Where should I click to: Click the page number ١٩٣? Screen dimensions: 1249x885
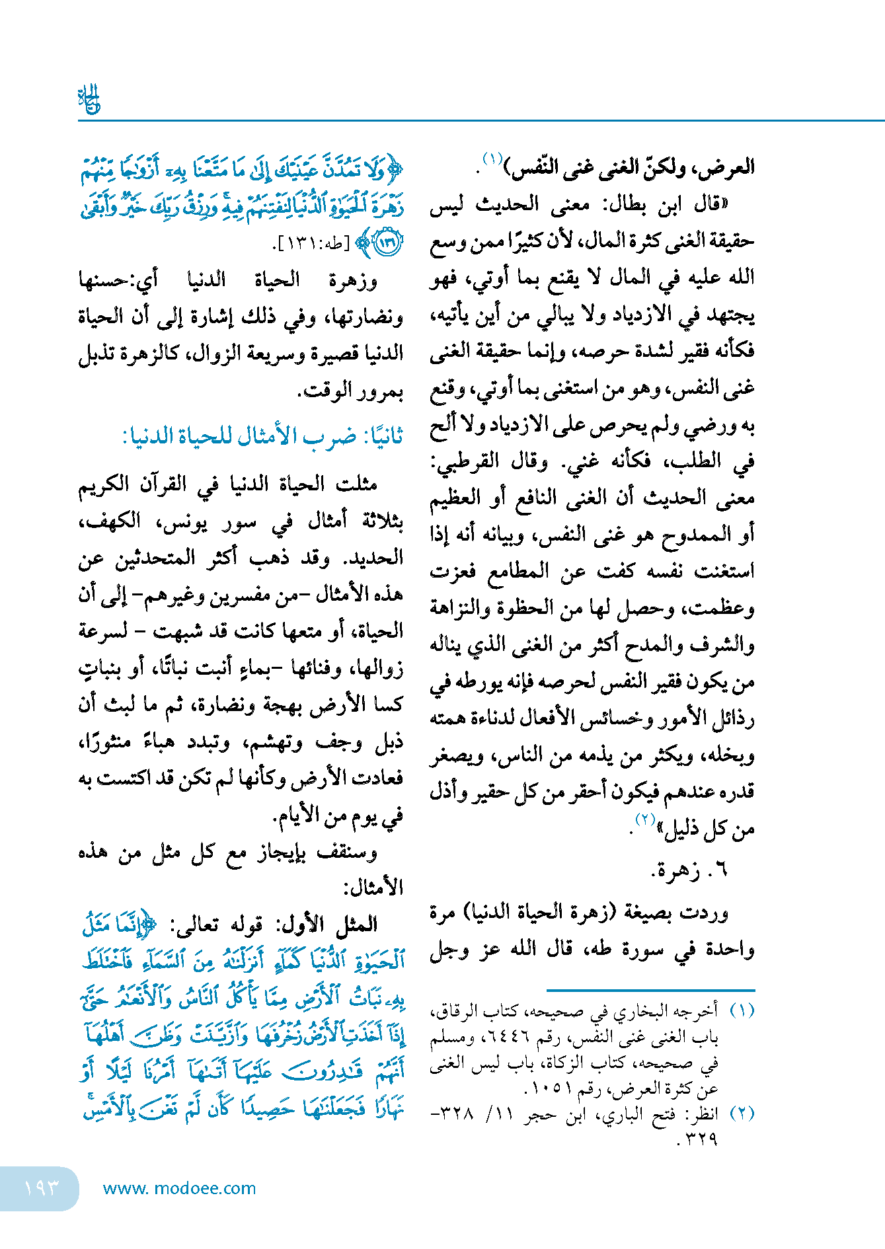(x=41, y=1188)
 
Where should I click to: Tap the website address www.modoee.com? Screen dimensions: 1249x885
(x=179, y=1188)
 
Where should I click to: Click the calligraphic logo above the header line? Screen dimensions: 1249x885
(x=89, y=99)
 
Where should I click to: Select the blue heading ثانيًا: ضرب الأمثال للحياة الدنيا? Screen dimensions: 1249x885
(x=263, y=436)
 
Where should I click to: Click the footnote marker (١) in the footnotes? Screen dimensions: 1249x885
(x=742, y=1011)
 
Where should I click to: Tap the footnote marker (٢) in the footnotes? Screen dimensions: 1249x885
(x=742, y=1114)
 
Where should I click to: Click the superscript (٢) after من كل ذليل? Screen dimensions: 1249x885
(x=644, y=819)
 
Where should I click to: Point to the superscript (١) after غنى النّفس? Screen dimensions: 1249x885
(x=492, y=159)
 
